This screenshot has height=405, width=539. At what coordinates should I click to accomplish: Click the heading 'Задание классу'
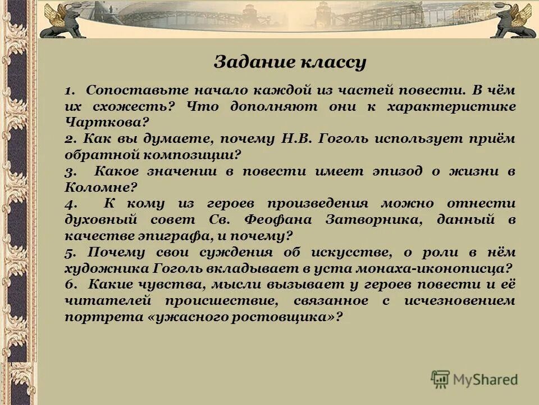[290, 62]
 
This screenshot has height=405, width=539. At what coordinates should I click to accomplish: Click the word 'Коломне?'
[101, 187]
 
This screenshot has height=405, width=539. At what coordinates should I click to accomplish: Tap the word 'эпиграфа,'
[168, 236]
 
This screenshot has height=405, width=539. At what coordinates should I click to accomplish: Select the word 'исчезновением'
[459, 301]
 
